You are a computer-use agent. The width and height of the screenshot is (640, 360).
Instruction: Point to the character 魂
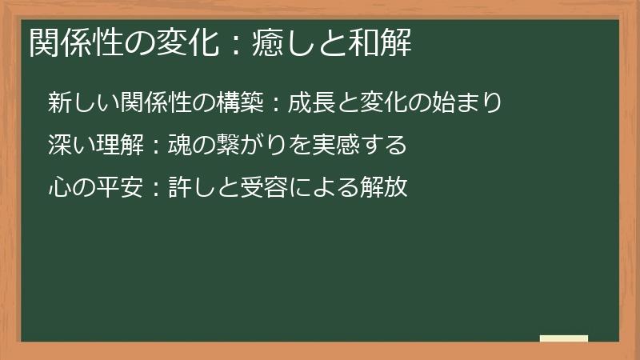[178, 146]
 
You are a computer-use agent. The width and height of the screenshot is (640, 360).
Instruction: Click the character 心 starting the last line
[59, 188]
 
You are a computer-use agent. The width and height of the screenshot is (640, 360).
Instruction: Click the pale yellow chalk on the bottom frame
[564, 338]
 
